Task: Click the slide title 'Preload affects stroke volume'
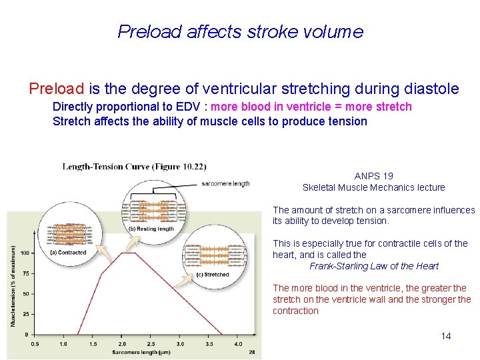click(x=240, y=32)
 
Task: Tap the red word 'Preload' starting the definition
click(x=56, y=89)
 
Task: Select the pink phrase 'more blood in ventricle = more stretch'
click(x=311, y=107)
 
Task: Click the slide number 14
click(x=446, y=336)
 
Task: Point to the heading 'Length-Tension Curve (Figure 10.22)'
click(x=134, y=166)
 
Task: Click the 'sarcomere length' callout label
click(x=225, y=183)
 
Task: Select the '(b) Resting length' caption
click(x=151, y=229)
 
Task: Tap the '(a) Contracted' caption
click(x=68, y=253)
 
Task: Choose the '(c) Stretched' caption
click(x=213, y=275)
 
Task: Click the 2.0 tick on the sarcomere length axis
click(x=122, y=344)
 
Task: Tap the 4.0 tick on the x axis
click(x=238, y=344)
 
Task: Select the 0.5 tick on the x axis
click(x=35, y=344)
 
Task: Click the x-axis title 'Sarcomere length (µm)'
click(x=141, y=351)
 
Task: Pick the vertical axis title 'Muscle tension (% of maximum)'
click(x=13, y=286)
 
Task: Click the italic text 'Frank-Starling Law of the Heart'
click(x=374, y=266)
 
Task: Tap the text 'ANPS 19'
click(x=373, y=176)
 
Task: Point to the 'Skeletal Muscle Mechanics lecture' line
click(x=373, y=187)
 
